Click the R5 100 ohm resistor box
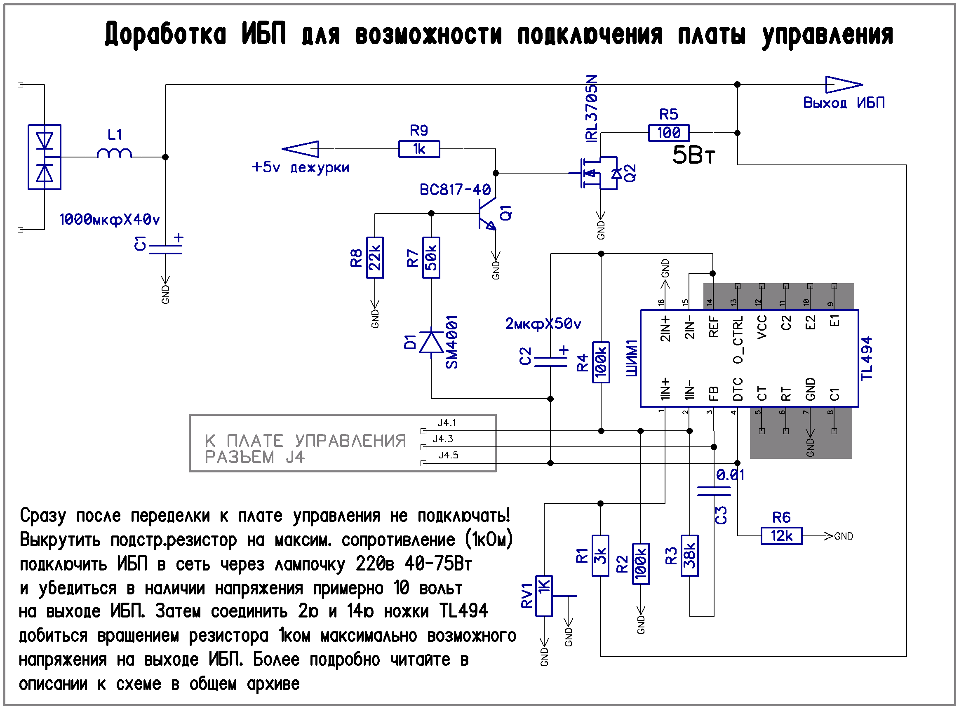coord(668,133)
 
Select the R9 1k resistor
coord(419,149)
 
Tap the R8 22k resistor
coord(375,258)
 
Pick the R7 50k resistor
coord(431,258)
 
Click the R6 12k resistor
coord(781,536)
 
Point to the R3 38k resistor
coord(689,556)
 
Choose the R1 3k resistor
coord(600,556)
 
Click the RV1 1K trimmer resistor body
coord(544,596)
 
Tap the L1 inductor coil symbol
coord(114,153)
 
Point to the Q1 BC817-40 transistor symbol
coord(487,213)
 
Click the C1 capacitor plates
coord(165,249)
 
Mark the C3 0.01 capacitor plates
coord(713,491)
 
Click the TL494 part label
coord(866,358)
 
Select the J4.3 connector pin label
coord(442,439)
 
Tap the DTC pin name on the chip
coord(738,389)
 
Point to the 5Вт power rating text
coord(693,155)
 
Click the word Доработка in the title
coord(165,34)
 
